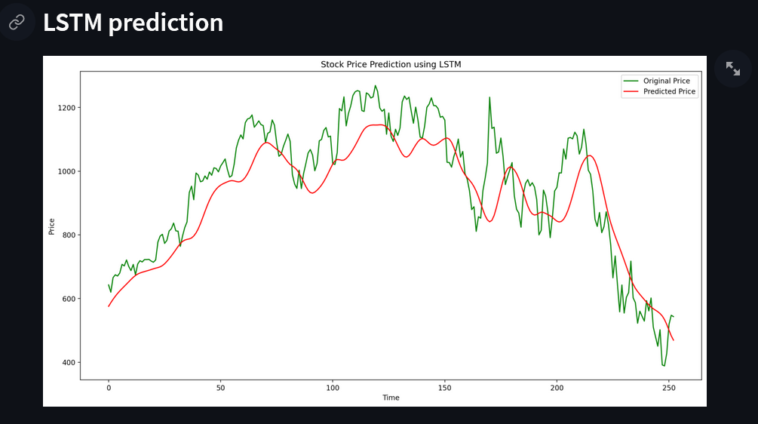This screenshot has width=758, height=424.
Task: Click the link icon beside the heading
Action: pyautogui.click(x=17, y=22)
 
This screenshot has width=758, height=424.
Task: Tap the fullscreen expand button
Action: pyautogui.click(x=732, y=69)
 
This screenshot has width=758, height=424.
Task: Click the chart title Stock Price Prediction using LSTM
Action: pyautogui.click(x=391, y=65)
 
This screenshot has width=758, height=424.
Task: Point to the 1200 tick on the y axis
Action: pyautogui.click(x=66, y=108)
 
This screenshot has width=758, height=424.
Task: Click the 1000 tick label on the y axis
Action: pyautogui.click(x=66, y=171)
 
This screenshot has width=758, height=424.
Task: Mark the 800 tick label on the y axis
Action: pyautogui.click(x=68, y=235)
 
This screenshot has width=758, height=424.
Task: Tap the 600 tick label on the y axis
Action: pyautogui.click(x=68, y=299)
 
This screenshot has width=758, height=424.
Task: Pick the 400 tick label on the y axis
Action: pyautogui.click(x=68, y=363)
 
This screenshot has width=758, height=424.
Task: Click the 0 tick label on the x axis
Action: pyautogui.click(x=109, y=388)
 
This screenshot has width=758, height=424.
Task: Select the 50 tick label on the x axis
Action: pyautogui.click(x=220, y=388)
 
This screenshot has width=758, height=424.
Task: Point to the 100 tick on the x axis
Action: pyautogui.click(x=333, y=388)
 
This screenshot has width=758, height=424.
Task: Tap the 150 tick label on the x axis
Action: pyautogui.click(x=444, y=388)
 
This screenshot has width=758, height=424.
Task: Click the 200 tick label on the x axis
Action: pyautogui.click(x=557, y=388)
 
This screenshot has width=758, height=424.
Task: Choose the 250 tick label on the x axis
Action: pyautogui.click(x=668, y=388)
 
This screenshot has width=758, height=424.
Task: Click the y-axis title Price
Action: pyautogui.click(x=52, y=226)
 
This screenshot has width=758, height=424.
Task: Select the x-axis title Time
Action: pyautogui.click(x=391, y=398)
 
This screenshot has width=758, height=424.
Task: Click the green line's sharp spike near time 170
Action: pyautogui.click(x=489, y=98)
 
